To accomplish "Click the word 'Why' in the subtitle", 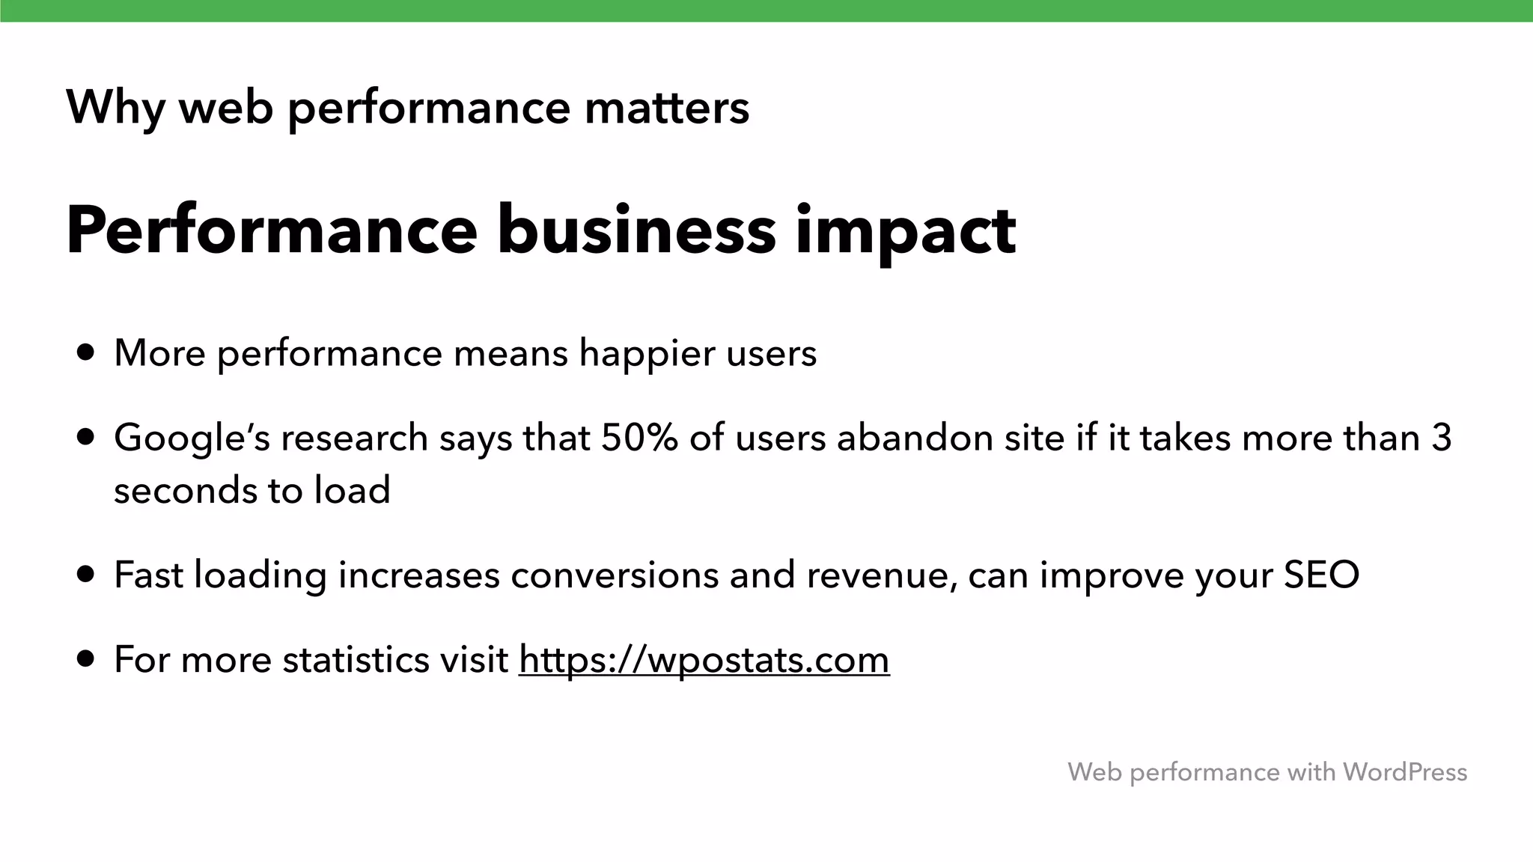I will tap(115, 108).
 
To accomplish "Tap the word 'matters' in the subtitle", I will tap(666, 108).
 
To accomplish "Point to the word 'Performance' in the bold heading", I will tap(272, 230).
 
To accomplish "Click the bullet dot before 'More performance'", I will tap(86, 352).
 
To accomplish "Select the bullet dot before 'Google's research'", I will tap(86, 437).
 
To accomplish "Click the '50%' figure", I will tap(639, 438).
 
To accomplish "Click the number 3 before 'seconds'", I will tap(1441, 438).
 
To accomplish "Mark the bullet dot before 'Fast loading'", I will tap(86, 575).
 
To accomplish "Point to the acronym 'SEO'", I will tap(1321, 575).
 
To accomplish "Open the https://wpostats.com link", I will tap(704, 660).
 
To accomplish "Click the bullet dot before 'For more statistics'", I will tap(86, 659).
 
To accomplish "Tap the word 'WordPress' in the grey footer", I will tap(1404, 771).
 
